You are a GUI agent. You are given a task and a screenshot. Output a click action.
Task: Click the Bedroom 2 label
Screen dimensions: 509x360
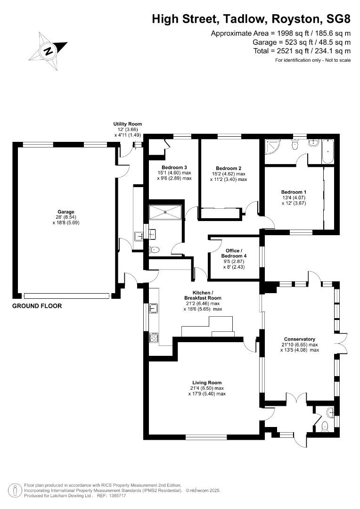coord(229,168)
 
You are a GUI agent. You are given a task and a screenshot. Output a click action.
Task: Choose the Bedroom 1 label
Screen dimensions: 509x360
coord(294,192)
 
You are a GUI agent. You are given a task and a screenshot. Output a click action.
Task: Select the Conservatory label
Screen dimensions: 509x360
coord(299,339)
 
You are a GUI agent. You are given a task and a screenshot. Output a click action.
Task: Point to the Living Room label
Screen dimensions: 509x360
coord(207,383)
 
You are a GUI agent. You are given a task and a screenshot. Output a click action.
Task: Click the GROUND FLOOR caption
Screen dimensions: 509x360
coord(37,306)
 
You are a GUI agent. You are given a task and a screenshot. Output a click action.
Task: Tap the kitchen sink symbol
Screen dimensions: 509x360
coord(153,309)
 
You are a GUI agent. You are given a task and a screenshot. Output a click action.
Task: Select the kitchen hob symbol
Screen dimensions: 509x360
coord(154,337)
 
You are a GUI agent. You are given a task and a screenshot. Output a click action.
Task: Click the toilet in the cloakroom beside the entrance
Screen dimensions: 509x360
coord(324,427)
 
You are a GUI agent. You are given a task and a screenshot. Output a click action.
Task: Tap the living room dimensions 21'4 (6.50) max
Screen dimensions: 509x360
coord(207,388)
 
